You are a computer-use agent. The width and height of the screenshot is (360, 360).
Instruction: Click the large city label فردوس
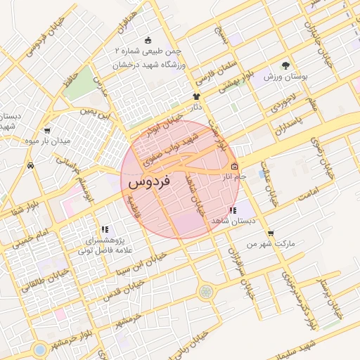coord(149,182)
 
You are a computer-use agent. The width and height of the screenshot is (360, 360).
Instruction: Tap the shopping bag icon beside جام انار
coord(234,167)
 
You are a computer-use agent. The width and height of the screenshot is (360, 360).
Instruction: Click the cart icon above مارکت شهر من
coord(271,233)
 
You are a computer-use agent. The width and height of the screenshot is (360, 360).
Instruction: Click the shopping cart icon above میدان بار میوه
coord(46,131)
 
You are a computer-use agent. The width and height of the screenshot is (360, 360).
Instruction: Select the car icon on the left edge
coord(30,166)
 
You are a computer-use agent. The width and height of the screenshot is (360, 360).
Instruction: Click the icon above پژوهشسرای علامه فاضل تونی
coord(105,229)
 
